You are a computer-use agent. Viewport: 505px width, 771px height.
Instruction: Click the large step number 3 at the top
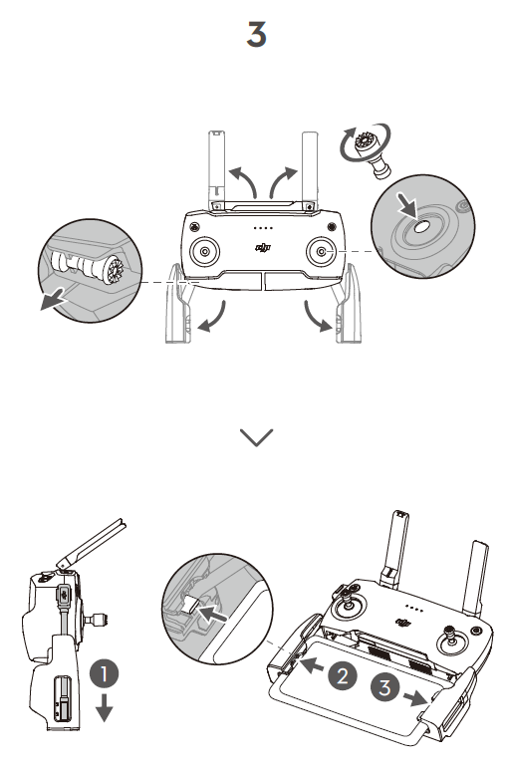click(x=256, y=34)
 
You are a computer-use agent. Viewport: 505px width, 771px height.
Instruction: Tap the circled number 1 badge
click(x=104, y=673)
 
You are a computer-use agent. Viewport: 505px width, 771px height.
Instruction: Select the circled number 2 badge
click(x=343, y=675)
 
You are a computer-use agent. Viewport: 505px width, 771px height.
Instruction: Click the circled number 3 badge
click(x=385, y=687)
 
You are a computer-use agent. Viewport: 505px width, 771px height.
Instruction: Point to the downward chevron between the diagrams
click(x=257, y=437)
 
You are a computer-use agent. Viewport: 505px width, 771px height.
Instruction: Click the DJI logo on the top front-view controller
click(x=263, y=248)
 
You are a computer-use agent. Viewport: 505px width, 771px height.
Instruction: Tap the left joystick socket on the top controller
click(x=205, y=252)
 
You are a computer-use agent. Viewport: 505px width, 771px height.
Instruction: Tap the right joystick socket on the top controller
click(x=321, y=252)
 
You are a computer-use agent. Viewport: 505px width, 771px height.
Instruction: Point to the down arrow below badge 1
click(x=105, y=707)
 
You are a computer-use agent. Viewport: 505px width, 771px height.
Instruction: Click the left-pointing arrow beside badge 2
click(x=311, y=665)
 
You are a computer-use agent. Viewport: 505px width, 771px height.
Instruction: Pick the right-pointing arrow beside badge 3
click(x=415, y=697)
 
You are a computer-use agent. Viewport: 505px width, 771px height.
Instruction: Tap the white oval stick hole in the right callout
click(x=422, y=227)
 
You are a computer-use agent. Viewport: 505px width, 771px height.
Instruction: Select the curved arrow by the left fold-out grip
click(x=214, y=319)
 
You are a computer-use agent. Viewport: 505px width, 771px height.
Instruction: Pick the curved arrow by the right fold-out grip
click(x=316, y=318)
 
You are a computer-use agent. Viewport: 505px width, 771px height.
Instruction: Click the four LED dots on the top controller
click(x=263, y=228)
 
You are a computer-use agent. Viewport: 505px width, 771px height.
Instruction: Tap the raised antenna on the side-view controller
click(x=92, y=544)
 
